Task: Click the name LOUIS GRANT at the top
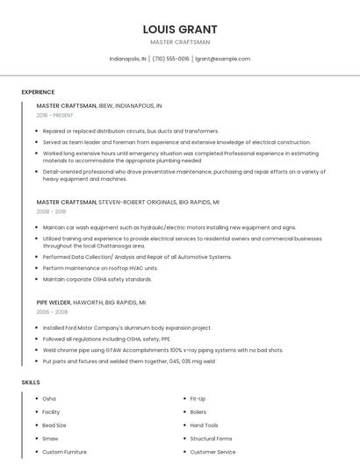click(179, 29)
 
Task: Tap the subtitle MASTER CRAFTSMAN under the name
click(179, 42)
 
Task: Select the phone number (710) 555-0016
click(170, 59)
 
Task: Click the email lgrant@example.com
click(222, 59)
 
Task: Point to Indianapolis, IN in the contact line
click(127, 59)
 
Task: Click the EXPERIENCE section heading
click(38, 92)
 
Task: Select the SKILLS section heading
click(30, 383)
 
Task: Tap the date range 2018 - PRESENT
click(55, 115)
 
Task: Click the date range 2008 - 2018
click(51, 211)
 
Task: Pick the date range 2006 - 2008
click(52, 311)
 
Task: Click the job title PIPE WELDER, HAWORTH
click(90, 302)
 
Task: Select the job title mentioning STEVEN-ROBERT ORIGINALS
click(127, 202)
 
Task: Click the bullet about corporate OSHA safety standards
click(97, 279)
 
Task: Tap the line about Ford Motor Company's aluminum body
click(126, 327)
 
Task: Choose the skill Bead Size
click(54, 425)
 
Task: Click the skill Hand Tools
click(204, 425)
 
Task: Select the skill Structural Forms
click(211, 438)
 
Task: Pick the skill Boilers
click(198, 411)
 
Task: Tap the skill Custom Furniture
click(64, 452)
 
